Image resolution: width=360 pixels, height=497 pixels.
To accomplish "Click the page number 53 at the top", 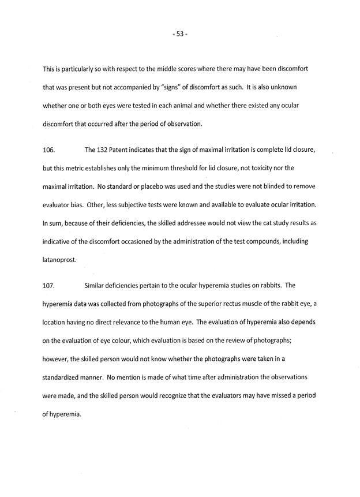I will click(179, 33).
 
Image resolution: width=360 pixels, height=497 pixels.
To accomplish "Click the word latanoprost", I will click(59, 260).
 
